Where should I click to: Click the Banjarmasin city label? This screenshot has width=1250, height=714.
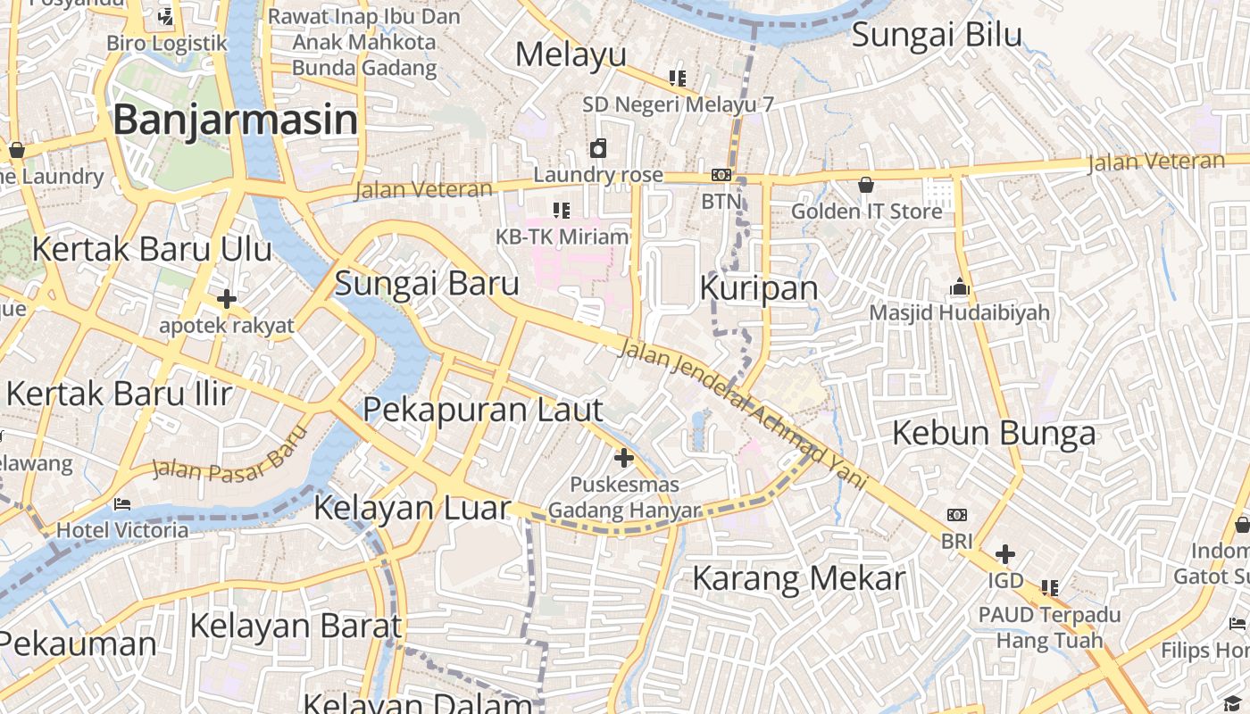(236, 120)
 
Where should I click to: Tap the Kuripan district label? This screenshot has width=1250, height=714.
(759, 287)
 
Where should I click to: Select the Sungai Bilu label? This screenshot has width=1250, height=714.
(937, 35)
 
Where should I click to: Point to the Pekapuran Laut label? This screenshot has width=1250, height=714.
(483, 410)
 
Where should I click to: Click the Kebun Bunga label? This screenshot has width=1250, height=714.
(994, 433)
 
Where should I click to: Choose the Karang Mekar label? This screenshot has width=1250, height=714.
(798, 578)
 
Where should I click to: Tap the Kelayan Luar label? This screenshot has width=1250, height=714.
(412, 508)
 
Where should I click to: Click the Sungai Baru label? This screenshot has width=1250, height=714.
(426, 283)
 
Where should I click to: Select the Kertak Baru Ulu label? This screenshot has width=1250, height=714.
(152, 249)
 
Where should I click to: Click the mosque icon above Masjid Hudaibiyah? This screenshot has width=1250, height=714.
(960, 287)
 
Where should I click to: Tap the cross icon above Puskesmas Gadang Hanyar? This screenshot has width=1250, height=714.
(624, 459)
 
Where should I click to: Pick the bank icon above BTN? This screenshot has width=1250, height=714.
(721, 176)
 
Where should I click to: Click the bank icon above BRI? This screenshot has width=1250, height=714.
(956, 515)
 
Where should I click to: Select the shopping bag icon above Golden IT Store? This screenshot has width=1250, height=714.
(865, 186)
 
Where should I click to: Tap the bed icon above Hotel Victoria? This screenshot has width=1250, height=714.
(122, 504)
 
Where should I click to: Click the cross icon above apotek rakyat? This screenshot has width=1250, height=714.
(226, 299)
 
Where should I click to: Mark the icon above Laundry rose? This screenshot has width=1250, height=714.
(597, 148)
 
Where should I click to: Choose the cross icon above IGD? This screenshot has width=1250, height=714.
(1005, 554)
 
